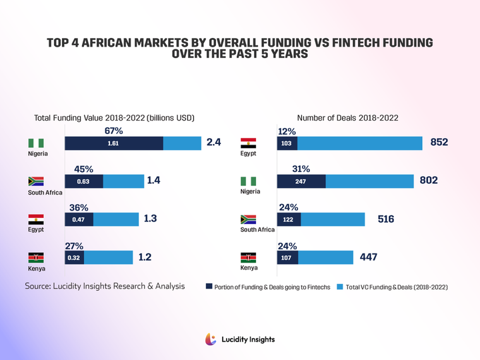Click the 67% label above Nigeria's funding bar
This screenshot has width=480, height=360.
113,131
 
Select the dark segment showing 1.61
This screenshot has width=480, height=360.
113,143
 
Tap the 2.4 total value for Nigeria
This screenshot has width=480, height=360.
213,143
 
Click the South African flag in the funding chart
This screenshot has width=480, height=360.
35,181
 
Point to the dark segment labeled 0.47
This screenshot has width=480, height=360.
79,219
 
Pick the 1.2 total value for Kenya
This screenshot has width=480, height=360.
145,257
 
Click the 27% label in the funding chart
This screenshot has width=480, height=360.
74,245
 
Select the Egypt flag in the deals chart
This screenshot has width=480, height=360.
249,143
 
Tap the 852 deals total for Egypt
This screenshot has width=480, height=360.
439,143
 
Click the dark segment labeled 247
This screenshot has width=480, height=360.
301,181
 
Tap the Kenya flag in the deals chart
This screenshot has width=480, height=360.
249,257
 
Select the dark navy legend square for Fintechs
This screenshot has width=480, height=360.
209,287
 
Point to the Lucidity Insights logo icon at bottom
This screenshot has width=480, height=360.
211,339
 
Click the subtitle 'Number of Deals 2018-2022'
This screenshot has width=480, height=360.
347,118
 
